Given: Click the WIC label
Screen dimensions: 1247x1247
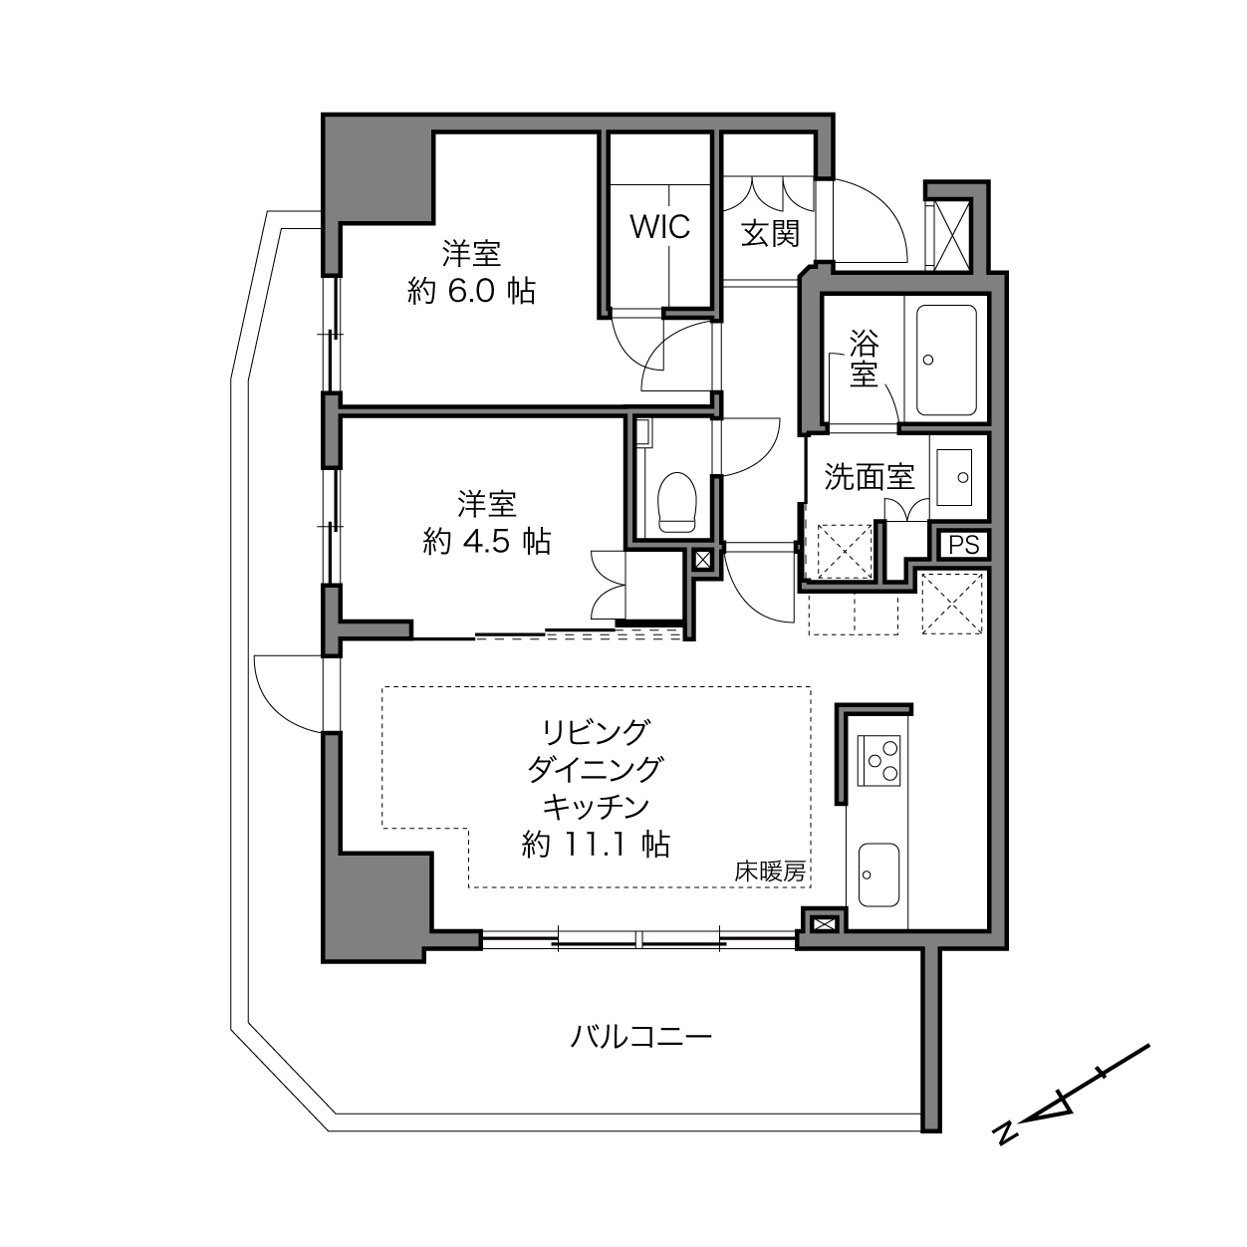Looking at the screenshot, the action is click(x=660, y=227).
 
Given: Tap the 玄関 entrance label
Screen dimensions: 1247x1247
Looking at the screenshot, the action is click(x=770, y=233).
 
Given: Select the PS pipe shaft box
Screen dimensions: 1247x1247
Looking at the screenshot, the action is click(x=963, y=545).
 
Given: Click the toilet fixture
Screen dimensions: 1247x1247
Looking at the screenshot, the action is click(x=677, y=502).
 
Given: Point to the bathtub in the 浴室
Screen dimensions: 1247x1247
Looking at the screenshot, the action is click(x=946, y=361).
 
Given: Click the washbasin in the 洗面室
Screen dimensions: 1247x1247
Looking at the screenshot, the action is click(x=954, y=477).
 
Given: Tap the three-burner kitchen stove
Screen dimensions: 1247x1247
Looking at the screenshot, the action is click(x=878, y=760).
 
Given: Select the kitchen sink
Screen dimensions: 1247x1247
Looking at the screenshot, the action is click(x=878, y=874).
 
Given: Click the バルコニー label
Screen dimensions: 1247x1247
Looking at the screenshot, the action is click(x=640, y=1037).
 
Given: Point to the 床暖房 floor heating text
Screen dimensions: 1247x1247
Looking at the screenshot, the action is click(x=770, y=873).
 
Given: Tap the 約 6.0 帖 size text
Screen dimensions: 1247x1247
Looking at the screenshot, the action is click(x=472, y=291).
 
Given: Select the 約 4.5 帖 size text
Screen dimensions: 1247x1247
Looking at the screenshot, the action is click(x=487, y=541).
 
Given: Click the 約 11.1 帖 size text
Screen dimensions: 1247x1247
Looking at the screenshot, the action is click(x=596, y=845).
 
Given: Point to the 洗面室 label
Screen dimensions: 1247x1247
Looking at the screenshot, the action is click(x=869, y=477).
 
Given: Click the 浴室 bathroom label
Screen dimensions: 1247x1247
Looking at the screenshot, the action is click(x=864, y=359).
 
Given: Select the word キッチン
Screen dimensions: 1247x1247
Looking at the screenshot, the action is click(x=596, y=807).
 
